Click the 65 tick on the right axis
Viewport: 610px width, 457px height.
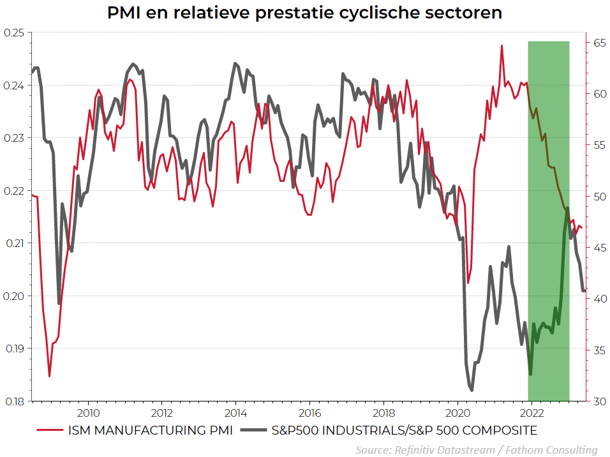pyautogui.click(x=598, y=43)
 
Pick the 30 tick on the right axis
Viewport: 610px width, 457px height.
pyautogui.click(x=598, y=401)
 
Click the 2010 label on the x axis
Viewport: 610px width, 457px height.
pyautogui.click(x=88, y=412)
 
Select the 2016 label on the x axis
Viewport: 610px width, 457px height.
pyautogui.click(x=309, y=412)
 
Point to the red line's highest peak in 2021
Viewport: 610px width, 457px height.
pyautogui.click(x=502, y=45)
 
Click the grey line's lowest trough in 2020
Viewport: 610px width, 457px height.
pyautogui.click(x=472, y=390)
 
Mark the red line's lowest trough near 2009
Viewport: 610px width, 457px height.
pyautogui.click(x=50, y=376)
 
